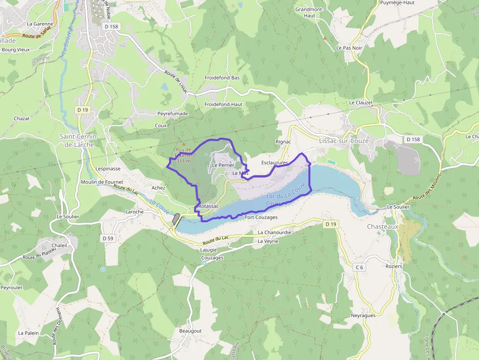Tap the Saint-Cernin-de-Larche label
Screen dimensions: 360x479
pyautogui.click(x=79, y=141)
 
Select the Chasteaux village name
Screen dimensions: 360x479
pyautogui.click(x=383, y=227)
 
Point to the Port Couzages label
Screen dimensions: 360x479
pyautogui.click(x=261, y=217)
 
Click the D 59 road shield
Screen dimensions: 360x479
pyautogui.click(x=108, y=238)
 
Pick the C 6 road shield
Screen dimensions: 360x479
pyautogui.click(x=359, y=267)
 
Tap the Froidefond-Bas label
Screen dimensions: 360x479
pyautogui.click(x=222, y=78)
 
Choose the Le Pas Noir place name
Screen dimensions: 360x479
pyautogui.click(x=349, y=48)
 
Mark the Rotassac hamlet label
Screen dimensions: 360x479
pyautogui.click(x=209, y=207)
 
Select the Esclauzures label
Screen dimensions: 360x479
pyautogui.click(x=275, y=162)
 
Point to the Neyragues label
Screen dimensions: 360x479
pyautogui.click(x=363, y=316)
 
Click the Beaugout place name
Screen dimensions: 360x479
pyautogui.click(x=191, y=331)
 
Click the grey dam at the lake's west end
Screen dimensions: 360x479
pyautogui.click(x=176, y=219)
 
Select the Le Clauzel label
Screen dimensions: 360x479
pyautogui.click(x=361, y=103)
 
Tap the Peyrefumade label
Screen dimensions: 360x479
pyautogui.click(x=173, y=113)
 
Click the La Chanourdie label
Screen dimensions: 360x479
pyautogui.click(x=275, y=233)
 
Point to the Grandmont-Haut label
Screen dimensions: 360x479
pyautogui.click(x=309, y=12)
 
